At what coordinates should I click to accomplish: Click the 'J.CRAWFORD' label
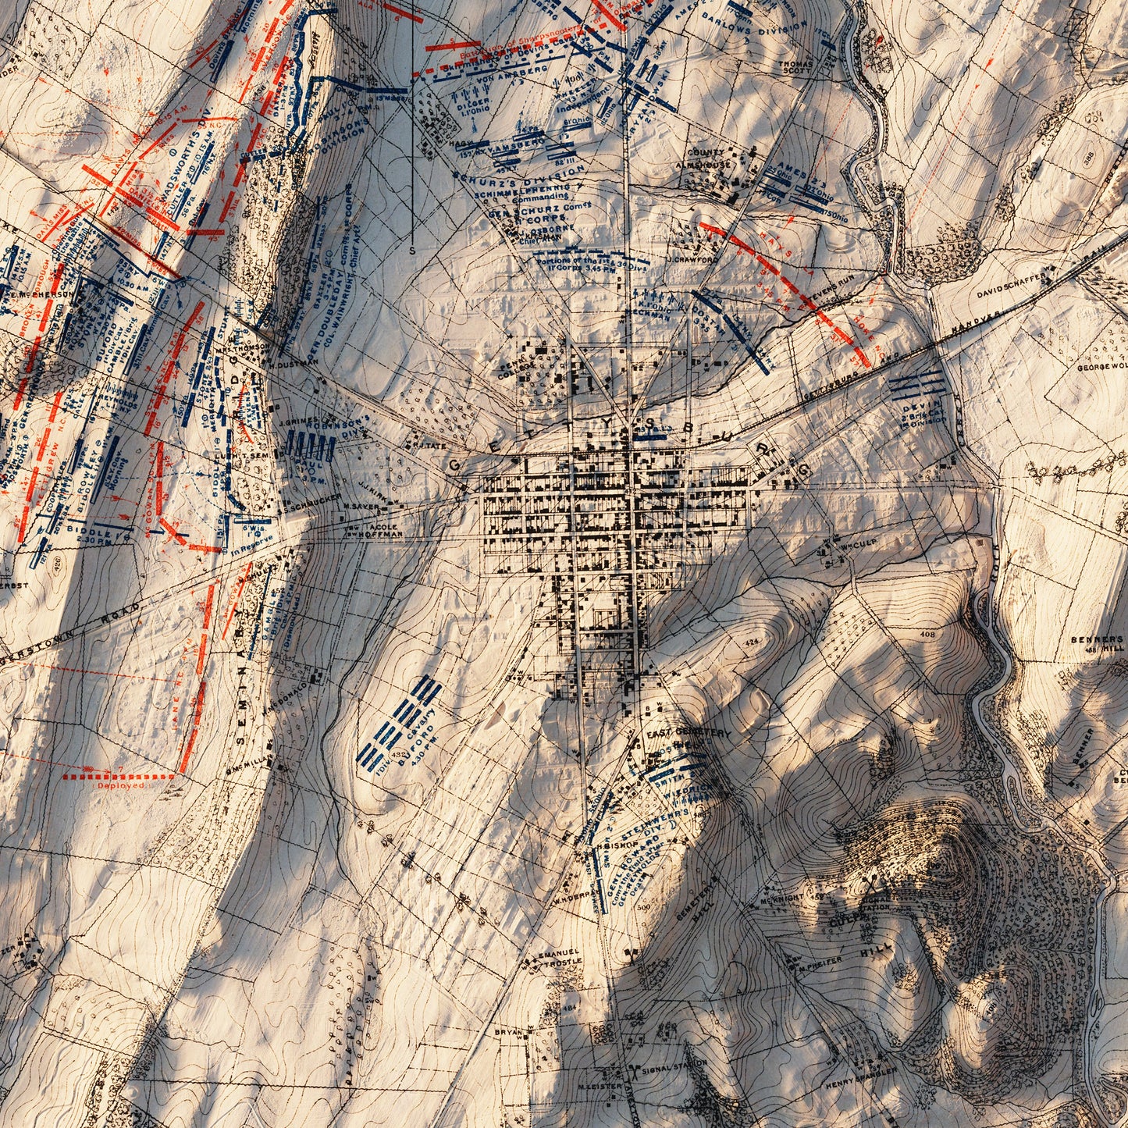tap(692, 259)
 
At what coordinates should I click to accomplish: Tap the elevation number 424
tap(752, 641)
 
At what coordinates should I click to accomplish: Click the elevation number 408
tap(927, 635)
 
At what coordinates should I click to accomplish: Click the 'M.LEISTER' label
tap(597, 1085)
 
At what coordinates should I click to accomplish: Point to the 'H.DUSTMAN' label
tap(294, 362)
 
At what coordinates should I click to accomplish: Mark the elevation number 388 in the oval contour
tap(1110, 157)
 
